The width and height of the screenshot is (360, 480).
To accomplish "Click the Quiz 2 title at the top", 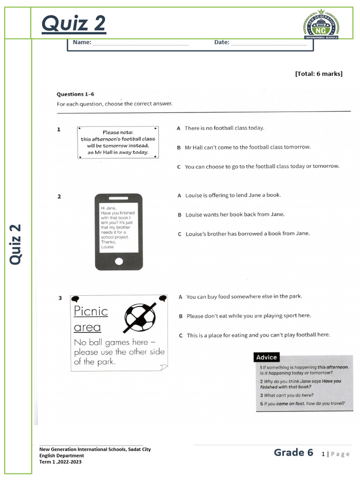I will [x=74, y=23].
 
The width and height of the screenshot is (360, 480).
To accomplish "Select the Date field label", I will [x=222, y=42].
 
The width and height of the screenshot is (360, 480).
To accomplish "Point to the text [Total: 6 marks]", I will [x=319, y=74].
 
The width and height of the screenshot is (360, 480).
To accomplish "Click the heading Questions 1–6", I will [x=75, y=94].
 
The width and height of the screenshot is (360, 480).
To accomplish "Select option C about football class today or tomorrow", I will [x=262, y=166].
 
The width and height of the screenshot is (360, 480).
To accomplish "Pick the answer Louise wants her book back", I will [x=234, y=215].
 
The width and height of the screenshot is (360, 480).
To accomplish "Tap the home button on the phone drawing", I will [x=119, y=261].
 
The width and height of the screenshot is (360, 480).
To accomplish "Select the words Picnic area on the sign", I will [x=90, y=319].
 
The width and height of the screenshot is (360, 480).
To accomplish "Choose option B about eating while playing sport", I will [x=248, y=316].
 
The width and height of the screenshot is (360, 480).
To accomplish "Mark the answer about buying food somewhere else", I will [x=244, y=297].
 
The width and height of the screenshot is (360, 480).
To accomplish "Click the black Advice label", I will [x=267, y=357].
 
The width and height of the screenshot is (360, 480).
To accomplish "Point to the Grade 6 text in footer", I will [x=293, y=452].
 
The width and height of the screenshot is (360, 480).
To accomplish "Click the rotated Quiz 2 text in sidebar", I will [x=16, y=244].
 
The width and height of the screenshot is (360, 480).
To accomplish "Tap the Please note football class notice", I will [x=118, y=142].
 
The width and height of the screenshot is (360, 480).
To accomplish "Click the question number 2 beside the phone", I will [x=59, y=197].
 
